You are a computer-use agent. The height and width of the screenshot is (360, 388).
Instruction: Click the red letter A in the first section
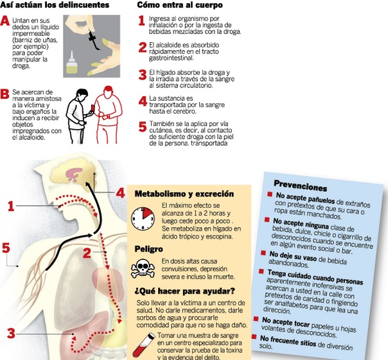point(5,21)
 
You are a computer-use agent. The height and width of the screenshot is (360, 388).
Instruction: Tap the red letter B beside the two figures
point(4,94)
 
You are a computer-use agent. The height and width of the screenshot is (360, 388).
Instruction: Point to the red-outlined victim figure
point(109,114)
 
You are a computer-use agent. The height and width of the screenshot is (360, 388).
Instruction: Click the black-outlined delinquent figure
point(78,116)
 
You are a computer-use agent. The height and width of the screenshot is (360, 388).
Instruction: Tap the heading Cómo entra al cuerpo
point(180,4)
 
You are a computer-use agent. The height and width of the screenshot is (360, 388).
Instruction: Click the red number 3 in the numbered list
point(143,74)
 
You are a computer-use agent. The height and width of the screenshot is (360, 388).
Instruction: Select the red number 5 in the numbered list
point(143,126)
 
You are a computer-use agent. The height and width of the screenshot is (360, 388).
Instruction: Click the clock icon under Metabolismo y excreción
point(143,219)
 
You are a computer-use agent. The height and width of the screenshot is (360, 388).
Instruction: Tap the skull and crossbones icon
point(143,268)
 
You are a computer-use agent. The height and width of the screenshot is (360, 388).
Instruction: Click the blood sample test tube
point(144,345)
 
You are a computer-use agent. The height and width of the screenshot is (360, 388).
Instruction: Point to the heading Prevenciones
point(301,185)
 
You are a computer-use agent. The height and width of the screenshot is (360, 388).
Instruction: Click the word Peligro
point(149,249)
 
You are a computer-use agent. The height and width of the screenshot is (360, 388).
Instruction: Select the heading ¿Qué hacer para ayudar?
point(184,291)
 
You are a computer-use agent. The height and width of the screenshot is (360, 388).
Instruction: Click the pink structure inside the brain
point(73,174)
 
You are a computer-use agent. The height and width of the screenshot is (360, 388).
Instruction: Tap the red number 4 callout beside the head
point(120,193)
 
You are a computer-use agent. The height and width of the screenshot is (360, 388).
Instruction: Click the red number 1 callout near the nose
point(11,206)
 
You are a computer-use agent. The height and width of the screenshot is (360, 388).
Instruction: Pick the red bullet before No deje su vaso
point(263,253)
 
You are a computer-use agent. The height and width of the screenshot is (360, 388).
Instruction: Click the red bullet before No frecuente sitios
point(254,336)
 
